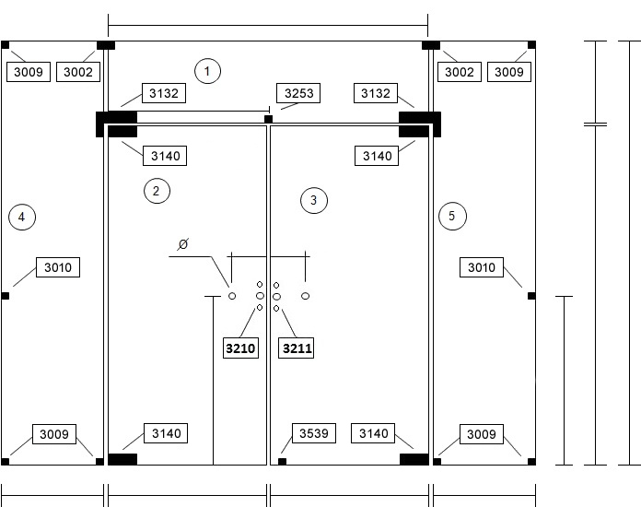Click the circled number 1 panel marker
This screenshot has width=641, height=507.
tap(207, 71)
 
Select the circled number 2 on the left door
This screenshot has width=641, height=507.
tap(157, 191)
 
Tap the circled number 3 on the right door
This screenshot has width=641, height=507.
tap(314, 200)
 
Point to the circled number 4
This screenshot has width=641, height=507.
tap(22, 217)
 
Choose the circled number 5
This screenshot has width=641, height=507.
tap(452, 216)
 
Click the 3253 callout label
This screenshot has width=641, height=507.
tap(298, 93)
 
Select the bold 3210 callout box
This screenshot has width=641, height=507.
tap(240, 348)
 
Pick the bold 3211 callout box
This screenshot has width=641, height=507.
tap(296, 348)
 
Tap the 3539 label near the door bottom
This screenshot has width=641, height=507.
tap(314, 433)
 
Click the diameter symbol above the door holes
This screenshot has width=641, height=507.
tap(182, 244)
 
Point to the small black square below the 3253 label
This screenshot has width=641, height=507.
tap(268, 119)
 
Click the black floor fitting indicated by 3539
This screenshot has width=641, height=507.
tap(282, 462)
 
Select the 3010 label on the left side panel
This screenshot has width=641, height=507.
tap(58, 267)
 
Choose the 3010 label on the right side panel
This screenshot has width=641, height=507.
tap(482, 267)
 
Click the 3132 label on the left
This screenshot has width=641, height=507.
tap(164, 93)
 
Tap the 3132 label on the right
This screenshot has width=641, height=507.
tap(376, 93)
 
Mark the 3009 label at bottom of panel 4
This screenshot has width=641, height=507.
tap(54, 434)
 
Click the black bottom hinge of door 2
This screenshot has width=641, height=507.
tap(122, 459)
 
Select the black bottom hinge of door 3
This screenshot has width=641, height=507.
tap(414, 459)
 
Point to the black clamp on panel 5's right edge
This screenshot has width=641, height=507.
tap(531, 296)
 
